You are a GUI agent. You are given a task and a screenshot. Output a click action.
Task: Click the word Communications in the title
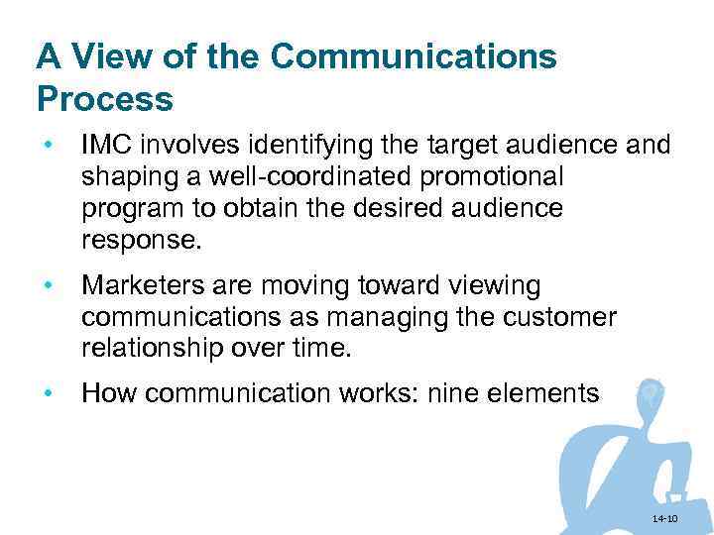(414, 56)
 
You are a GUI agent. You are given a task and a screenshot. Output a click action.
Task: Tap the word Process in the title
(104, 99)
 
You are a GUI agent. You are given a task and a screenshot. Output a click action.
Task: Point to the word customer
(562, 317)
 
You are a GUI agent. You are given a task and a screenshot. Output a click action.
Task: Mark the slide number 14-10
(664, 519)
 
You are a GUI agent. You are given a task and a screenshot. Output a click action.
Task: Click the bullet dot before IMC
(46, 147)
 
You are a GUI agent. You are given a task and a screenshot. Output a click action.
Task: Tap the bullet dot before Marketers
(46, 286)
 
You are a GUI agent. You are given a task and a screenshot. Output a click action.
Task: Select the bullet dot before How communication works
(46, 394)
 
